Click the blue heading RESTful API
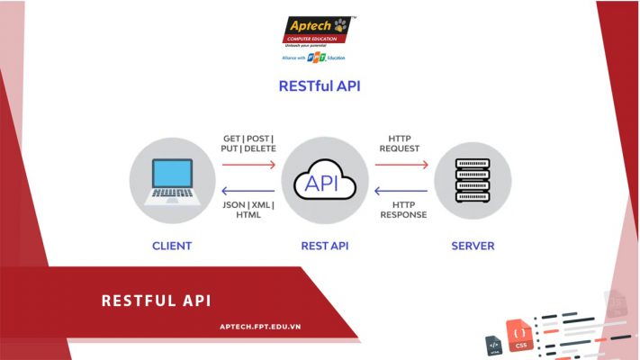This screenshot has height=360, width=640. pos(320,88)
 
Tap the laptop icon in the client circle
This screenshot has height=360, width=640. pos(172,180)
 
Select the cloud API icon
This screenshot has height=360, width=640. pos(322,183)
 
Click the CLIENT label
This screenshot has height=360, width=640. pos(172,246)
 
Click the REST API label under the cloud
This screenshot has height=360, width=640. pos(322,246)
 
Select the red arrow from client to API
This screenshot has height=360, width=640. pos(248,165)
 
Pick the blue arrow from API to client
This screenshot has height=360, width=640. pos(248,190)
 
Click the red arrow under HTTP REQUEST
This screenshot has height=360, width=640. pos(398,165)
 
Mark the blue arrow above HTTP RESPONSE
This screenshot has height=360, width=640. pos(398,190)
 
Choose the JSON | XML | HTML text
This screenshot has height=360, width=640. pos(248,211)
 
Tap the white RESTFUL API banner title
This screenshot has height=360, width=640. pos(156,301)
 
